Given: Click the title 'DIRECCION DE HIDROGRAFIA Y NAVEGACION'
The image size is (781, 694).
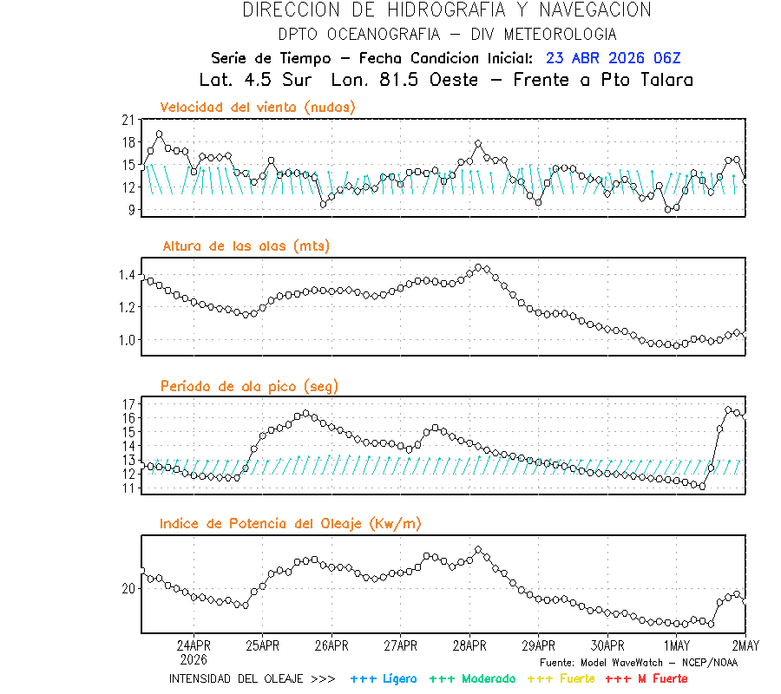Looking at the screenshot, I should pos(446,10).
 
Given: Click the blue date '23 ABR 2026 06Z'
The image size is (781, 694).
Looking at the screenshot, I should pos(614,58).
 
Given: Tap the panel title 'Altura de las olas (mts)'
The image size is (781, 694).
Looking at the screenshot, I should pos(246,246).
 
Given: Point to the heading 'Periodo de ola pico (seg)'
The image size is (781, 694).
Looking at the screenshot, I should pos(249,386).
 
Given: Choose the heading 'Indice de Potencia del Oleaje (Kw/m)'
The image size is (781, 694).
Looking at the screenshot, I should pos(291,523).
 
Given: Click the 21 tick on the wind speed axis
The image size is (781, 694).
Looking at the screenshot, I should pos(128,120).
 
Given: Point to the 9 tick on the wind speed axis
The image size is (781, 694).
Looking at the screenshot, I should pos(131,209).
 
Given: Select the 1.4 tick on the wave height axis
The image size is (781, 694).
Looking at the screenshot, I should pos(125,275).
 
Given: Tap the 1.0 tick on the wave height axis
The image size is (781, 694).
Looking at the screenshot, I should pos(125,340).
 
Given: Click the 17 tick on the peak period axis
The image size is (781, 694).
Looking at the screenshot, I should pos(128,404).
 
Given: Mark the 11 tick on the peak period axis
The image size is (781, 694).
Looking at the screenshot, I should pos(128,488).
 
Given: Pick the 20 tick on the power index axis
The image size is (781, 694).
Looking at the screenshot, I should pos(128,589).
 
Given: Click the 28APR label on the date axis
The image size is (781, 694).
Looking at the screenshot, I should pos(469,645).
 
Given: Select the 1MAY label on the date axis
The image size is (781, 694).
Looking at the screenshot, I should pos(677,645).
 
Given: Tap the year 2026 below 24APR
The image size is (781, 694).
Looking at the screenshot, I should pos(194,658).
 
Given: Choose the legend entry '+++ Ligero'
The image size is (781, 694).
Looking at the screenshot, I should pos(384,678).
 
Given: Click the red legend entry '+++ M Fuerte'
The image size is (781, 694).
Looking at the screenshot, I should pos(646,678).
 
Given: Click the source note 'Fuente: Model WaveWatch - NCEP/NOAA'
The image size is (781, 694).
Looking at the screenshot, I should pos(639,662).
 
